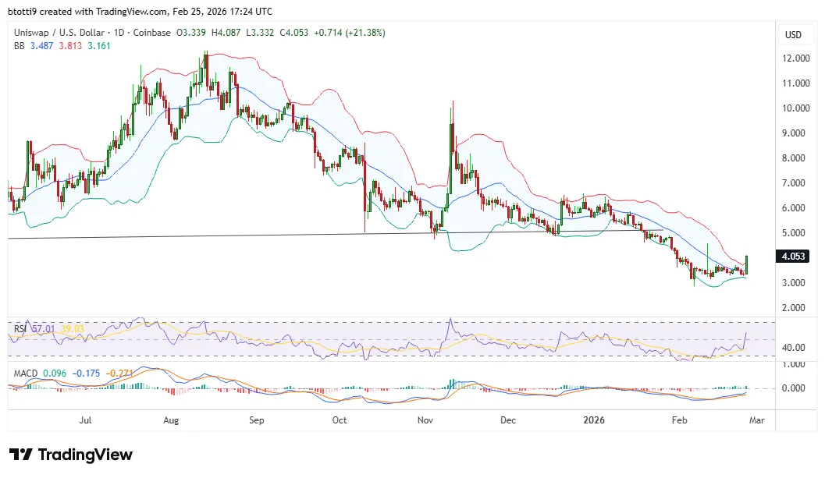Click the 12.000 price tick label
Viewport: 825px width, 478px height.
[x=795, y=58]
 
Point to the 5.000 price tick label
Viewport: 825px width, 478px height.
[x=795, y=233]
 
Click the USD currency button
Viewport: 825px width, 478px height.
[x=793, y=35]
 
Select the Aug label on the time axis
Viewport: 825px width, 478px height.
[x=172, y=420]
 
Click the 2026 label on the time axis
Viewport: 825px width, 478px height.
[x=599, y=420]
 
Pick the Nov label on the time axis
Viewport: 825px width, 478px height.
[x=425, y=420]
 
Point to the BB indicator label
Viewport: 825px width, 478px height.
[x=20, y=45]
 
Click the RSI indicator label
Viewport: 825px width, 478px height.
[x=20, y=329]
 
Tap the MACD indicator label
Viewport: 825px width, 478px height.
[x=26, y=373]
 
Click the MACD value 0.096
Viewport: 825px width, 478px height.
[x=55, y=373]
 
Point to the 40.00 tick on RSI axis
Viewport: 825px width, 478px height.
[x=795, y=348]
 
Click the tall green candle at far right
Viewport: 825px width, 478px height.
[x=748, y=264]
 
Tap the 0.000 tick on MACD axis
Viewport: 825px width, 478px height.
[x=795, y=388]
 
